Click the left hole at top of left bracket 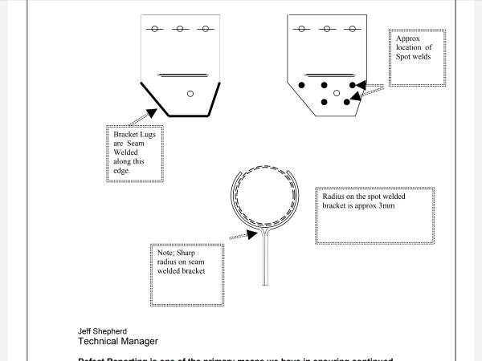tap(154, 29)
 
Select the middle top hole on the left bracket tap(180, 29)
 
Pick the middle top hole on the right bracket tap(326, 29)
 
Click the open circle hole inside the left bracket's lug tap(190, 94)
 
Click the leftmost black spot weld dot tap(302, 85)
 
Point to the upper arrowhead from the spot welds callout tap(359, 83)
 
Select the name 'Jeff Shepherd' tap(102, 331)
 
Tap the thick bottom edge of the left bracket tap(184, 116)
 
